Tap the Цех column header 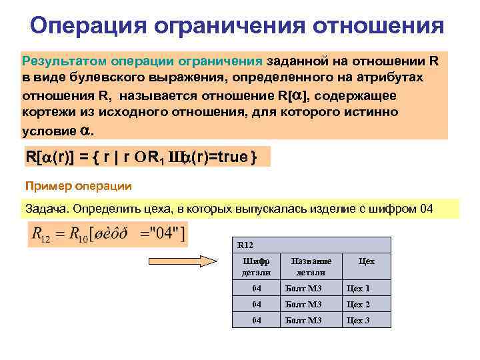coord(366,262)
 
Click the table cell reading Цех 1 coord(357,289)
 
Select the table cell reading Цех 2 coord(357,305)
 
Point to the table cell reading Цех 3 coord(357,321)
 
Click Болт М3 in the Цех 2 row coord(303,305)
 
